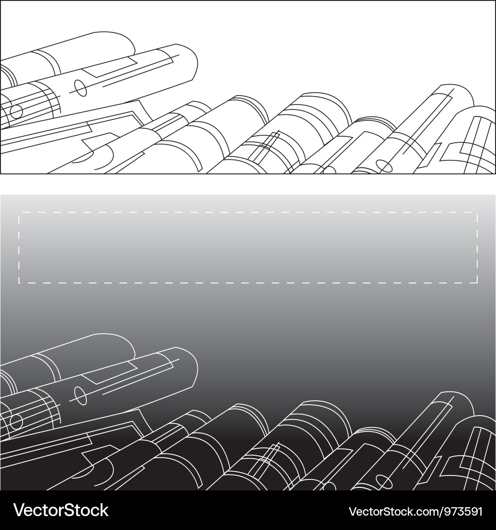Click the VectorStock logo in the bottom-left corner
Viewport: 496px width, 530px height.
pyautogui.click(x=61, y=510)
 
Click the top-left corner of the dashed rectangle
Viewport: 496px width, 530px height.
pyautogui.click(x=19, y=213)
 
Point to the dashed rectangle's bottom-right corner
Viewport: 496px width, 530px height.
pyautogui.click(x=477, y=283)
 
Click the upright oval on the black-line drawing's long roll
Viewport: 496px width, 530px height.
pyautogui.click(x=80, y=88)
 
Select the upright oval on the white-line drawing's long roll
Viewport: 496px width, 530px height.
pyautogui.click(x=80, y=395)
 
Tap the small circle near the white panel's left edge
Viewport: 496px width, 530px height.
pyautogui.click(x=16, y=112)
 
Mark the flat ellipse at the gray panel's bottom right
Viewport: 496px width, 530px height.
pyautogui.click(x=384, y=480)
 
